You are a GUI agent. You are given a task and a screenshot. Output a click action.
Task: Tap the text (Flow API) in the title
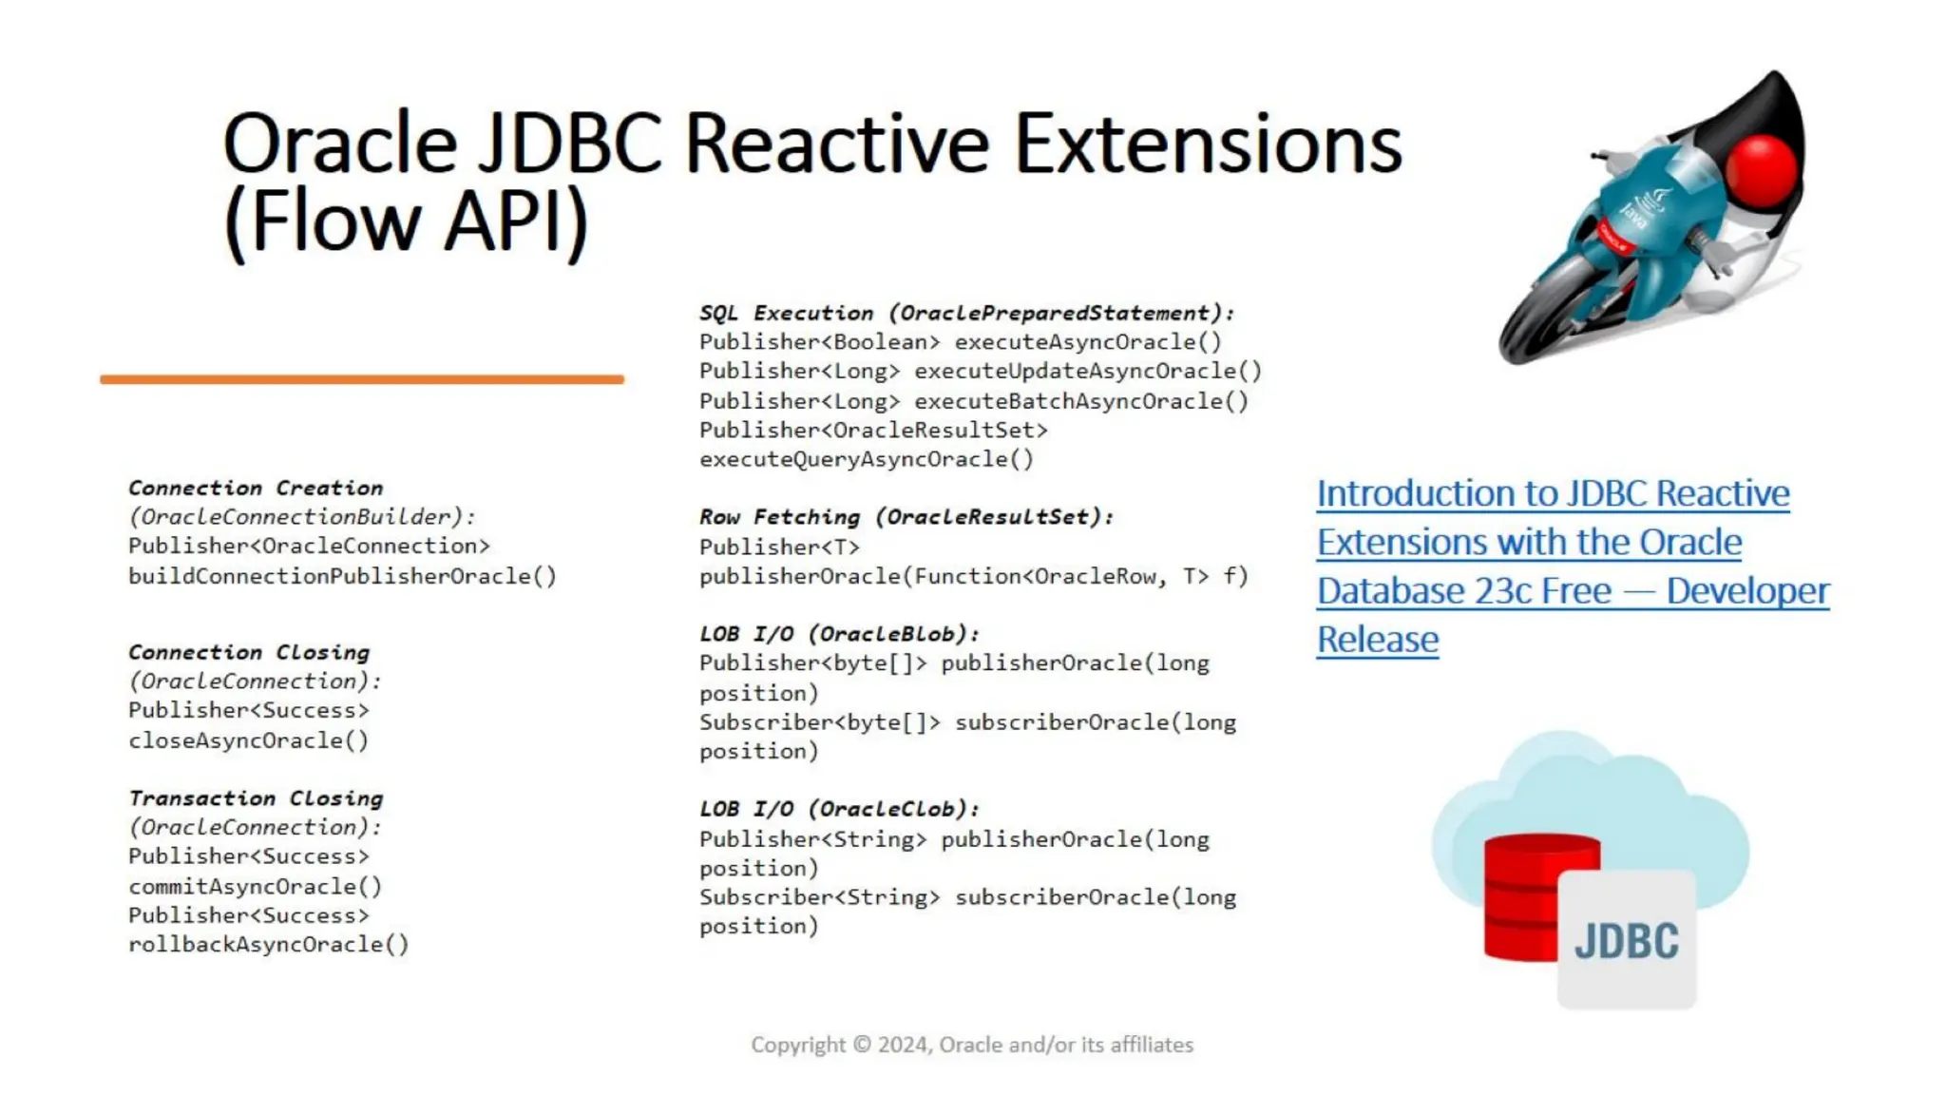point(406,221)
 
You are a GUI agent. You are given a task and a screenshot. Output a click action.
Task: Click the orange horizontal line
point(361,379)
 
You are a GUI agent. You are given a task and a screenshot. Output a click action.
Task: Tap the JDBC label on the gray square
point(1626,941)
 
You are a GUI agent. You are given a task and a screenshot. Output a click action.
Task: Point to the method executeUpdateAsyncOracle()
point(1087,372)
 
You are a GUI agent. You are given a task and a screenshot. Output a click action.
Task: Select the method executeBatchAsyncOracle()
point(1080,401)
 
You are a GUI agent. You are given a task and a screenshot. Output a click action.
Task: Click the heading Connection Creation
point(256,488)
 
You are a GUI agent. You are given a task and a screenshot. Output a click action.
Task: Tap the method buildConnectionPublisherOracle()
point(342,576)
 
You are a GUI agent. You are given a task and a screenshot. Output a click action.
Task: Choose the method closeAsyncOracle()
point(248,740)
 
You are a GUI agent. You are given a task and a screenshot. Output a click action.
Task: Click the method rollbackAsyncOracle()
point(268,945)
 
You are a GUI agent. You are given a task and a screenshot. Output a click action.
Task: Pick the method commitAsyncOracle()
point(255,886)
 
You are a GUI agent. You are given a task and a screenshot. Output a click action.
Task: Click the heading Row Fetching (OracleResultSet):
point(906,517)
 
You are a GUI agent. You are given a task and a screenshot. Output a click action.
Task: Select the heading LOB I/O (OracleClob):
point(838,809)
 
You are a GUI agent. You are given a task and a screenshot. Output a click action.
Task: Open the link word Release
point(1377,640)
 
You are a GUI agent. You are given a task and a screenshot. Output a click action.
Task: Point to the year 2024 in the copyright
point(903,1045)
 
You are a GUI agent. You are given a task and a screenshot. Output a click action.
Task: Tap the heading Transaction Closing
point(256,798)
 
